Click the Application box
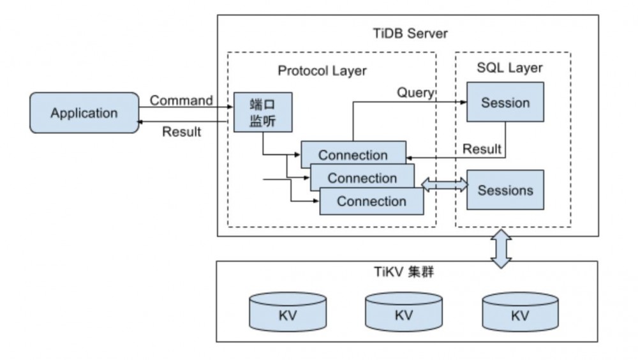click(x=84, y=113)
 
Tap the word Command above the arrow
click(x=181, y=100)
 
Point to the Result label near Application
click(x=181, y=132)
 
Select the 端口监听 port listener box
click(x=254, y=112)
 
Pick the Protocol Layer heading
click(x=322, y=70)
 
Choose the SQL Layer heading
click(x=510, y=68)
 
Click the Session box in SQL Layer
click(x=505, y=101)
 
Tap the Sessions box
click(x=505, y=190)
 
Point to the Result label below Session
click(x=482, y=149)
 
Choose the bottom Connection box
click(x=371, y=201)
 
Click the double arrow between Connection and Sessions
click(x=445, y=184)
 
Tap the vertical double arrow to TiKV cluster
click(x=500, y=249)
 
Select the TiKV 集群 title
click(x=408, y=273)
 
